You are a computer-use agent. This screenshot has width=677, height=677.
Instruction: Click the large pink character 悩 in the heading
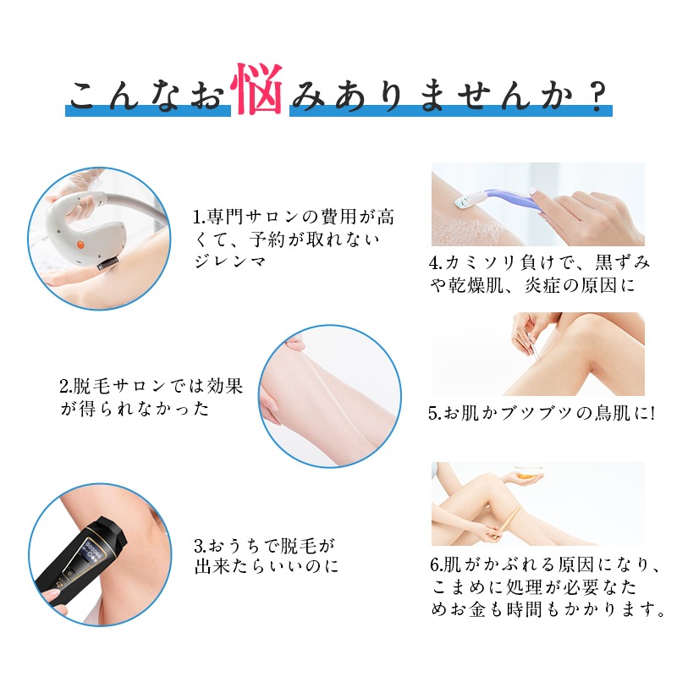click(x=258, y=90)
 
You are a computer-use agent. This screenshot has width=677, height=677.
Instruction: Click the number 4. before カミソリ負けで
click(x=433, y=262)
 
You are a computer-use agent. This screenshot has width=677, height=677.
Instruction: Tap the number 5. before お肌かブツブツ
click(x=433, y=415)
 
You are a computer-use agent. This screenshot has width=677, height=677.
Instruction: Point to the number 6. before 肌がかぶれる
click(x=433, y=565)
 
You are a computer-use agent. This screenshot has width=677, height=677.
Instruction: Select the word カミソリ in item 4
click(x=481, y=262)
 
